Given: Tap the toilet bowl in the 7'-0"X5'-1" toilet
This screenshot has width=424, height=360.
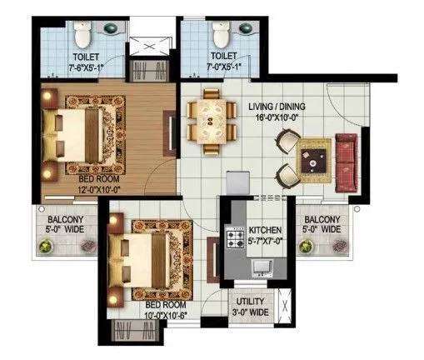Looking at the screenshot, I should (x=221, y=37).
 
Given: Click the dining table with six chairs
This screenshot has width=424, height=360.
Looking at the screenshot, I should (x=205, y=122).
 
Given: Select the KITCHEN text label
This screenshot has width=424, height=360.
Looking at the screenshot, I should (x=266, y=229).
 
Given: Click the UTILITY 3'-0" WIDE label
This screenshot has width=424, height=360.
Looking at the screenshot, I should (x=250, y=307).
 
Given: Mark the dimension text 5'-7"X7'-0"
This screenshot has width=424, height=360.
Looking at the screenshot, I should (x=266, y=240).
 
